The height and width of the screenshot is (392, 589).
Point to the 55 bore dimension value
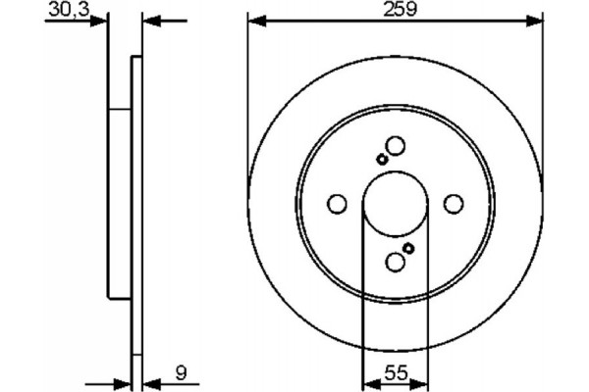(x=395, y=371)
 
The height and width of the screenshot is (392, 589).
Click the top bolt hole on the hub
(x=395, y=146)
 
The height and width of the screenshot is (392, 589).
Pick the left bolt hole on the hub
(x=337, y=204)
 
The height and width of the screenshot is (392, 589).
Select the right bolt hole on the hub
(x=453, y=204)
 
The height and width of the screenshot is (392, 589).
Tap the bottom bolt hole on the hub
(x=395, y=262)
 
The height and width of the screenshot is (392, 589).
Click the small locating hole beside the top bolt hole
(x=382, y=159)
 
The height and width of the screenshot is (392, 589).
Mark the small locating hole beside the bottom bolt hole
(x=408, y=249)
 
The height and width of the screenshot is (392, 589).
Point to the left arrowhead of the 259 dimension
(x=254, y=20)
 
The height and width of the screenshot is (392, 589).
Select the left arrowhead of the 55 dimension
(x=369, y=383)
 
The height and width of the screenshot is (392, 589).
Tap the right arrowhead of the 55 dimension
(x=420, y=383)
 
